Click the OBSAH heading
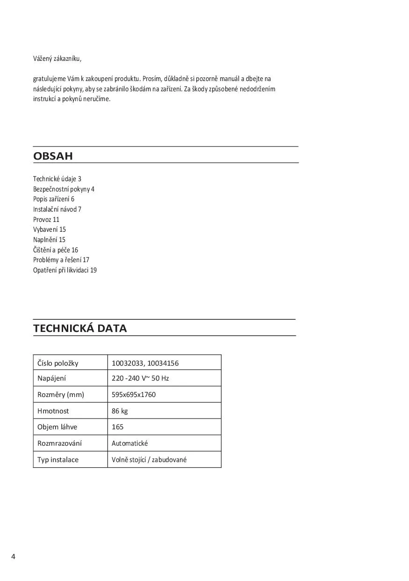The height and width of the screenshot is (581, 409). [x=53, y=156]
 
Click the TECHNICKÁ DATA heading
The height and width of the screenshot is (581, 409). [x=80, y=328]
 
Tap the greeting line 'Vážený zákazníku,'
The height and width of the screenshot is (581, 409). [x=57, y=59]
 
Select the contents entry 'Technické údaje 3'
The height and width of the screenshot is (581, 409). [x=57, y=179]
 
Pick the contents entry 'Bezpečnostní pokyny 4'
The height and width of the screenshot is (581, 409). [x=64, y=189]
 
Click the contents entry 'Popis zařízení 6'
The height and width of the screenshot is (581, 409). [x=54, y=199]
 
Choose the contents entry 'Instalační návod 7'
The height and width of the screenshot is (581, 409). [x=57, y=209]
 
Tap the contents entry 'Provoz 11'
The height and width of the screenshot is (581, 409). [x=46, y=220]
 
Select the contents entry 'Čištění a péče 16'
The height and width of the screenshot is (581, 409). [x=56, y=250]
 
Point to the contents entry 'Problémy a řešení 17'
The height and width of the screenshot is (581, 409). [x=61, y=260]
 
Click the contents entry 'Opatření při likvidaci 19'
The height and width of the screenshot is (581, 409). [x=65, y=270]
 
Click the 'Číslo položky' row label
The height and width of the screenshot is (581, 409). [x=58, y=363]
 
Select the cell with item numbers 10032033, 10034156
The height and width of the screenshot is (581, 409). [x=145, y=363]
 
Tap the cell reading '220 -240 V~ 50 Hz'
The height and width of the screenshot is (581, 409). [x=140, y=378]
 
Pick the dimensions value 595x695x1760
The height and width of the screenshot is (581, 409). [x=134, y=395]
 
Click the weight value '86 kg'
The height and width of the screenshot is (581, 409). [x=120, y=411]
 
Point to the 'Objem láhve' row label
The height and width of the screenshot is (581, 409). [x=57, y=427]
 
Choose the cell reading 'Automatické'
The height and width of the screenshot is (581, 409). [x=129, y=443]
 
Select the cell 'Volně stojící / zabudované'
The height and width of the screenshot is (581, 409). [x=149, y=460]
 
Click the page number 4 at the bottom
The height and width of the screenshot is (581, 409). [x=13, y=557]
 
